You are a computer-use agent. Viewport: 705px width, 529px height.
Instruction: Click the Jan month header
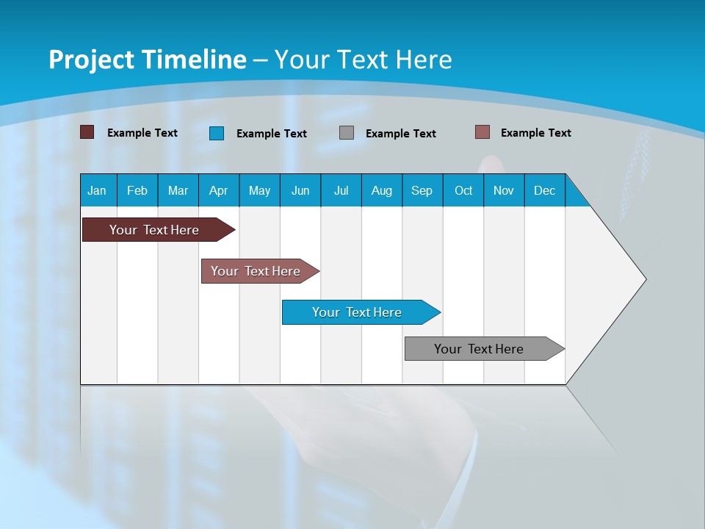coord(97,190)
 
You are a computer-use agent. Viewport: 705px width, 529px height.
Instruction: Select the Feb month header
coord(137,190)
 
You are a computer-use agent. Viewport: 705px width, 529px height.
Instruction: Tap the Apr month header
coord(219,190)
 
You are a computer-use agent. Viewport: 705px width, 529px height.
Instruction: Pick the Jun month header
coord(300,190)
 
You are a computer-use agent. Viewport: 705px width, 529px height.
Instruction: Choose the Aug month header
coord(382,190)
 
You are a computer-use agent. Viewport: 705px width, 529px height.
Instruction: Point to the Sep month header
coord(422,190)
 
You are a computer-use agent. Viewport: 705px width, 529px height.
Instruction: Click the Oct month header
coord(463,190)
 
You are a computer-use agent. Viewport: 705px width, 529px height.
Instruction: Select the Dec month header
coord(545,190)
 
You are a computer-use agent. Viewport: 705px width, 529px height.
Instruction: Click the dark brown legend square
coord(87,132)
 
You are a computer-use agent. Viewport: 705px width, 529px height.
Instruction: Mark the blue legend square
coord(217,133)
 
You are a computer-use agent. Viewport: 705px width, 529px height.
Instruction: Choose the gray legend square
coord(347,133)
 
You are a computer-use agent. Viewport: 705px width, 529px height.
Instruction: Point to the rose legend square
coord(482,132)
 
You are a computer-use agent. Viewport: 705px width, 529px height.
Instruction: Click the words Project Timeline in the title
coord(148,60)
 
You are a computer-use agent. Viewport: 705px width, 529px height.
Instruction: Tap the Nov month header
coord(504,190)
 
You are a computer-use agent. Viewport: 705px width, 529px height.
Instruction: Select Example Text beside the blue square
coord(272,134)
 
